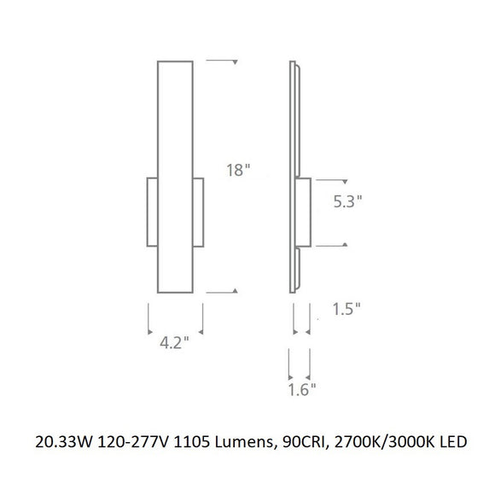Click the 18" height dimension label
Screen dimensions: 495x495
pos(240,169)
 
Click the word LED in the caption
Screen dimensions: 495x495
pos(453,442)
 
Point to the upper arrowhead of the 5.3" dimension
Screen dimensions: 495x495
pos(344,181)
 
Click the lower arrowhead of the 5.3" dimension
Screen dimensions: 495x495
pos(344,245)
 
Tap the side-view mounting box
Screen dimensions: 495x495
pos(303,213)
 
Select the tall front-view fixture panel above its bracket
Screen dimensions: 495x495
pos(175,119)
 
